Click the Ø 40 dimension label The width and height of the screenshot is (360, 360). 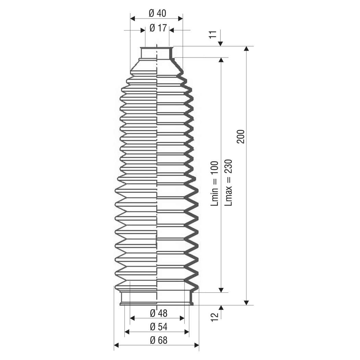[x=157, y=13]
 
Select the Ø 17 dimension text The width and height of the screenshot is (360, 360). [x=158, y=28]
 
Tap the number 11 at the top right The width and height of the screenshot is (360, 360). [x=213, y=34]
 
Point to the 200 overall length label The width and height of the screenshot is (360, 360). [x=241, y=136]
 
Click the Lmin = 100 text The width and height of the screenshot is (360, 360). [x=214, y=183]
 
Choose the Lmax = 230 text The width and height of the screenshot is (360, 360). [x=229, y=182]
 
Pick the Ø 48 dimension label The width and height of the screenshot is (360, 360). [x=159, y=313]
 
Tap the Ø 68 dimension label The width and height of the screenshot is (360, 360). [x=159, y=340]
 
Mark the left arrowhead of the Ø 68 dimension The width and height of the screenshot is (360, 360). [x=117, y=345]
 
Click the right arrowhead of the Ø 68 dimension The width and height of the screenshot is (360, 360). [x=196, y=345]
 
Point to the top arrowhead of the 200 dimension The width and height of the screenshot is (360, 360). [x=247, y=49]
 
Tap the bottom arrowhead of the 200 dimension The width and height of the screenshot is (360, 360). [x=247, y=303]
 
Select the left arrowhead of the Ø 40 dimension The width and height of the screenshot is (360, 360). [x=132, y=19]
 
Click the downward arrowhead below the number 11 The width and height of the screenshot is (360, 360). [x=220, y=44]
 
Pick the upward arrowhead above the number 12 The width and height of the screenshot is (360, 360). [x=221, y=308]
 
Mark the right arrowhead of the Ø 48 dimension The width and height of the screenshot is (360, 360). [x=182, y=318]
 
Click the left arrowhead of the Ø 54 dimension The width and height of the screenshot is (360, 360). [x=127, y=332]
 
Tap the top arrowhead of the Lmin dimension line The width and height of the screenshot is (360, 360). [x=221, y=60]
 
